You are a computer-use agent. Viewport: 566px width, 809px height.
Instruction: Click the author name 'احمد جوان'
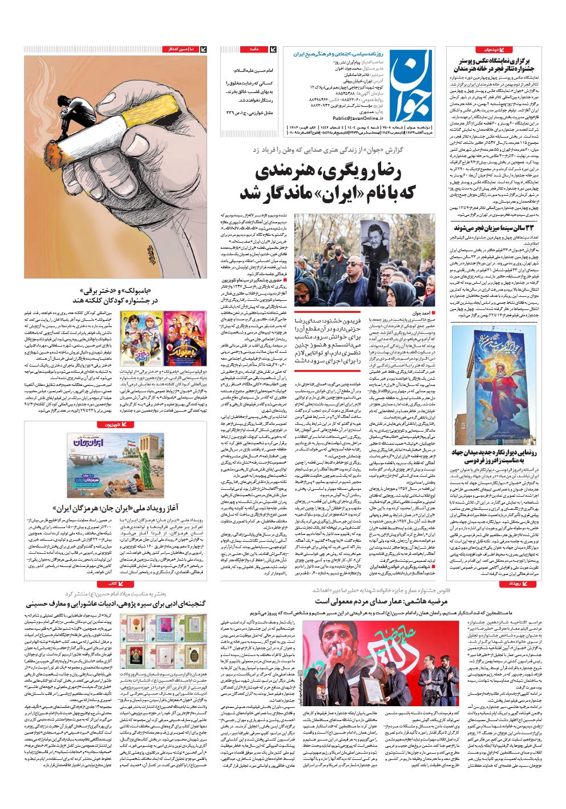424,313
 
